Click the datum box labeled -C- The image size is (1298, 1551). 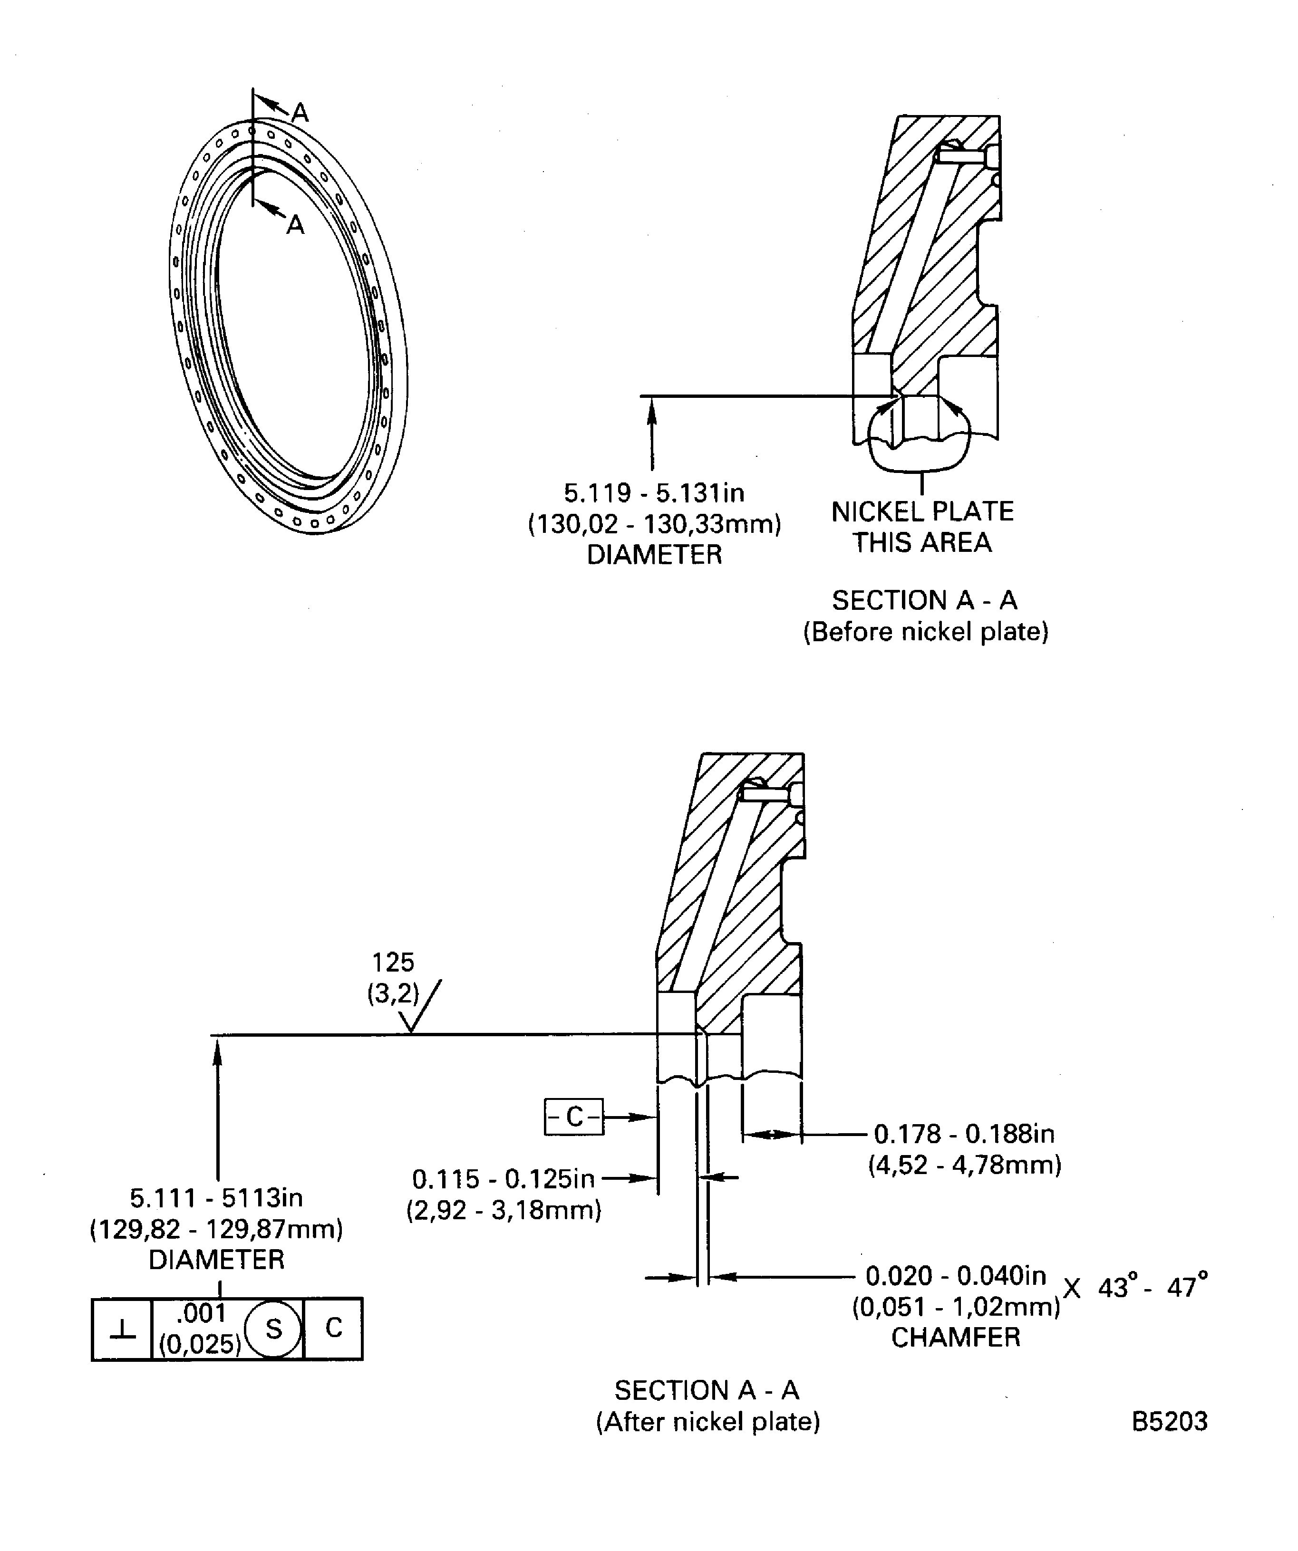click(574, 1117)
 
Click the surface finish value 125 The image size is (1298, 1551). click(393, 963)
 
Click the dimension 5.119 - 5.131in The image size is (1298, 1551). click(654, 492)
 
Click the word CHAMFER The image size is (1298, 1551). click(955, 1338)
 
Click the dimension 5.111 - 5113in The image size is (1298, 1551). click(216, 1197)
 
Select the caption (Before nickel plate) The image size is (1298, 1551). click(926, 632)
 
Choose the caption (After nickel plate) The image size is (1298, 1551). click(708, 1422)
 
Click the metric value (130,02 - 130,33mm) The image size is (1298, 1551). click(654, 524)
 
